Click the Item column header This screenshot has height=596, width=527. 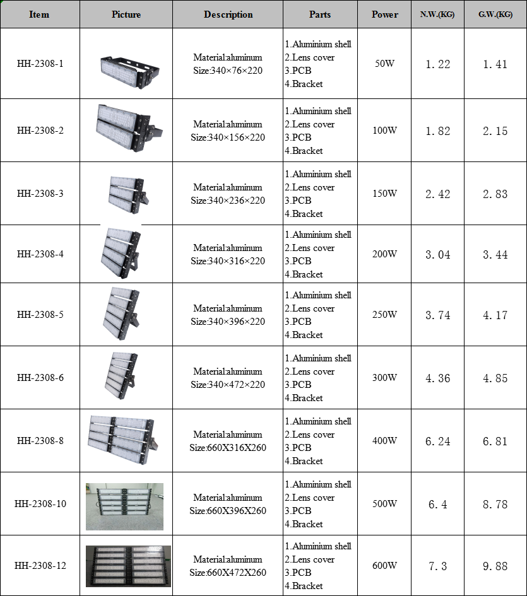coord(39,15)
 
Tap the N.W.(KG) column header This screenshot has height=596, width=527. coord(437,15)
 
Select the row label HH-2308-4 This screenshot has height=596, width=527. coord(40,254)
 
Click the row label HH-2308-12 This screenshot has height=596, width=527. coord(40,566)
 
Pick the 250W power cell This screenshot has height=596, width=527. coord(385,314)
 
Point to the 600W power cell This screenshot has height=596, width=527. coord(385,566)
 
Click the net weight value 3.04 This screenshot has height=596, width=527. coord(438,255)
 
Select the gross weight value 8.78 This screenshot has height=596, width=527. coord(495,505)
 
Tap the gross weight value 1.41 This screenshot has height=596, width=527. coord(495,64)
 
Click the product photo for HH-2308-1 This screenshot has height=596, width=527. coord(130,71)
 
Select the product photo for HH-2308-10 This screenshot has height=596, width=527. coord(124,506)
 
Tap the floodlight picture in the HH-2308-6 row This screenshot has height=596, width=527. coord(122,376)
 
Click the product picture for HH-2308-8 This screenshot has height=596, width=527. coord(123,440)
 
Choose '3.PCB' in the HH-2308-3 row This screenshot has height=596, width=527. coord(299,201)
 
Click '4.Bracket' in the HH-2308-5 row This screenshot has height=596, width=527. coord(304,335)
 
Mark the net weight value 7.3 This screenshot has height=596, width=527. coord(438,566)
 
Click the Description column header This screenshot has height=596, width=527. coord(228,15)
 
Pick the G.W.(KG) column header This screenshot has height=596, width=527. coord(495,15)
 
